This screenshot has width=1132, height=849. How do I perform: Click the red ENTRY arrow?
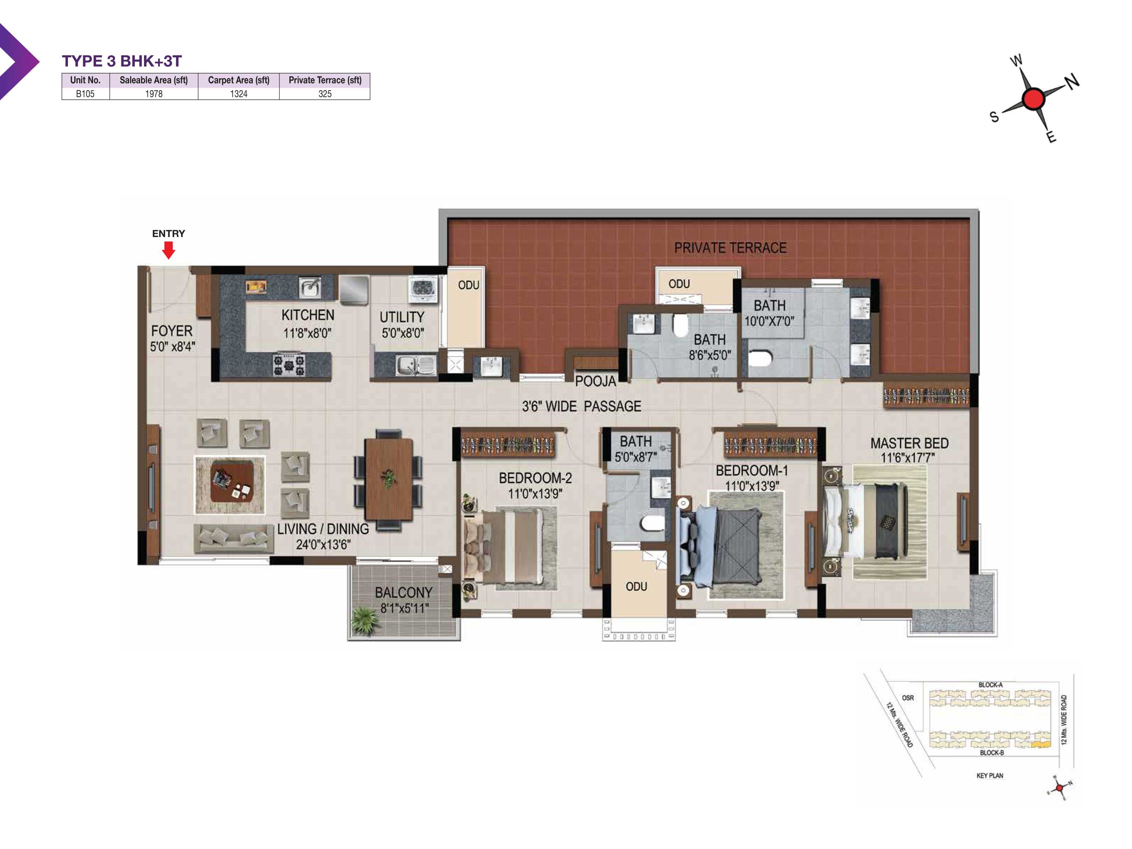[x=168, y=250]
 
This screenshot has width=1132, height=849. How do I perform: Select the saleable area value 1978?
[x=154, y=94]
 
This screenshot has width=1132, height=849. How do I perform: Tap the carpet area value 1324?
[x=238, y=94]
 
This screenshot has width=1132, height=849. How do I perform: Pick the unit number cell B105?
[x=85, y=94]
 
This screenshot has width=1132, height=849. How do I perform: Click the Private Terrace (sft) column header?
[x=325, y=80]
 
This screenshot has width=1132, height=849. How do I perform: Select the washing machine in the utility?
[x=423, y=289]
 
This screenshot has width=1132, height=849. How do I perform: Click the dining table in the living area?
[x=389, y=479]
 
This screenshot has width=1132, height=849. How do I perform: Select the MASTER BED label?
[x=909, y=443]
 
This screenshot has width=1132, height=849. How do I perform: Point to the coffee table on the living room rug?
[x=232, y=481]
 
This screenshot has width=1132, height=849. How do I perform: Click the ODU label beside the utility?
[x=468, y=285]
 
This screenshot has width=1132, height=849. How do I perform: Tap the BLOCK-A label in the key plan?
[x=990, y=685]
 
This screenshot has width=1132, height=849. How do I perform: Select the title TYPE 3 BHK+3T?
[x=122, y=61]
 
